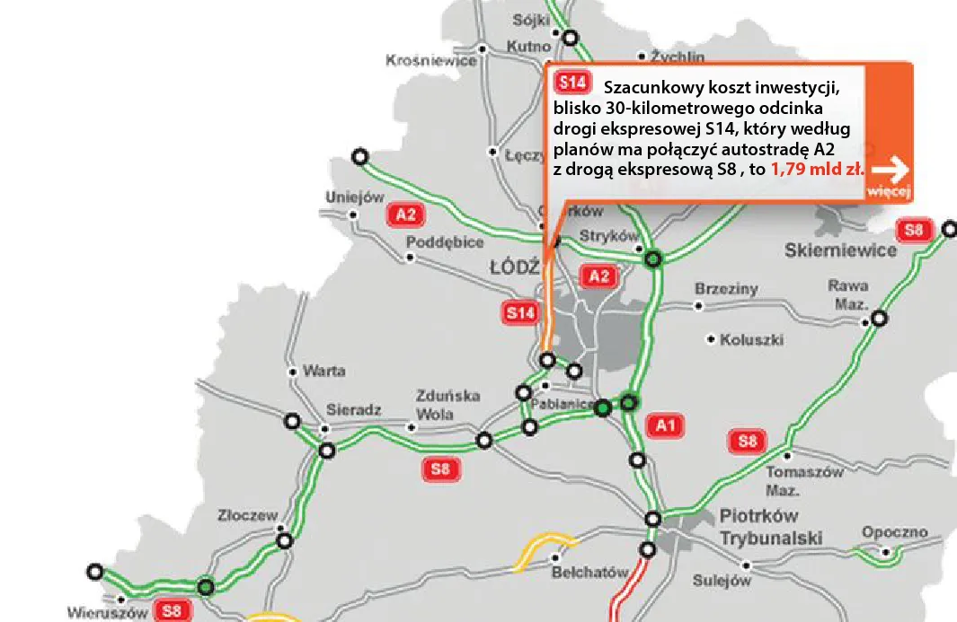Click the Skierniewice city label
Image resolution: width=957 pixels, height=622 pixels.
pos(840,250)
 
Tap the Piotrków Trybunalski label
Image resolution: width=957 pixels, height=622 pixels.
pos(771,527)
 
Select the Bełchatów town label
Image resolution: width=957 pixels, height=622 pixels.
pos(589,573)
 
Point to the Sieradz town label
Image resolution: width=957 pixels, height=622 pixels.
pos(354,409)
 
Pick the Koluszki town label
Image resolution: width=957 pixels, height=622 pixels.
pos(752,340)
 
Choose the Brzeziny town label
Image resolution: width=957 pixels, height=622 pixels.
pos(726,289)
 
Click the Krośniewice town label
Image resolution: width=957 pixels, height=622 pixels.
pos(430,61)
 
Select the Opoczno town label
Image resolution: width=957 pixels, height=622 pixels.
pos(894,532)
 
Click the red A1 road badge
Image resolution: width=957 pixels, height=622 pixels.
pos(666,425)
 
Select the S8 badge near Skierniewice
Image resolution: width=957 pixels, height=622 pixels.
pos(914,231)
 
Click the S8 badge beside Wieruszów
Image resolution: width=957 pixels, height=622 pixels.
pos(171,611)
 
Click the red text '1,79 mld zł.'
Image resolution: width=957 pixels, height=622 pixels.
pos(816,169)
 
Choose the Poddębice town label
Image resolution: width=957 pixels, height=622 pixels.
pos(445,242)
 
